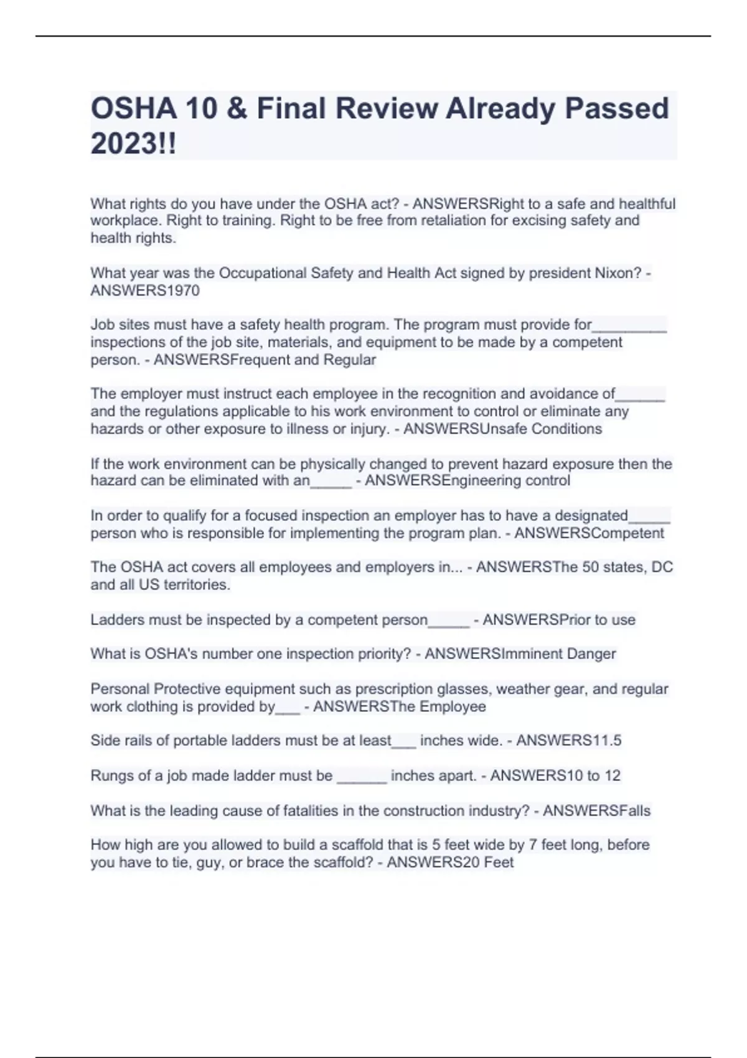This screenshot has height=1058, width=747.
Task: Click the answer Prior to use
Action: coord(597,620)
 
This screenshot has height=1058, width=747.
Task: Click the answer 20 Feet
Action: coord(481,863)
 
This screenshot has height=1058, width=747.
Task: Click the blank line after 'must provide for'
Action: coord(629,327)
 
